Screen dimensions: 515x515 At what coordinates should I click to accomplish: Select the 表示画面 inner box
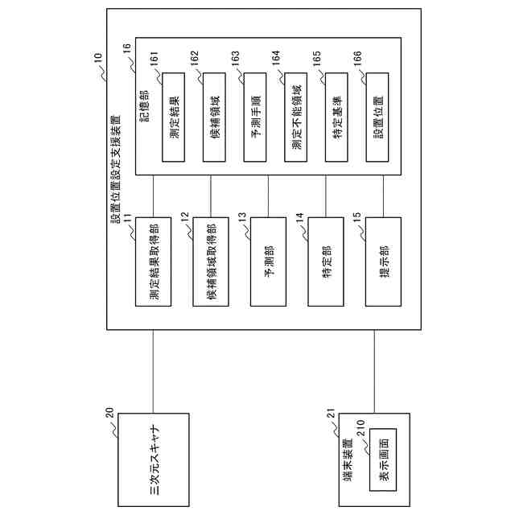click(x=382, y=458)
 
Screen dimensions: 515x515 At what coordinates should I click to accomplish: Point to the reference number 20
click(x=109, y=415)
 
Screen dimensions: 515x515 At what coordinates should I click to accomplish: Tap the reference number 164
click(x=276, y=59)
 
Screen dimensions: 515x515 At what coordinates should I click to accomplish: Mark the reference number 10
click(x=97, y=58)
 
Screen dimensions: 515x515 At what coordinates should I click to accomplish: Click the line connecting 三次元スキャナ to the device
click(x=153, y=370)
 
